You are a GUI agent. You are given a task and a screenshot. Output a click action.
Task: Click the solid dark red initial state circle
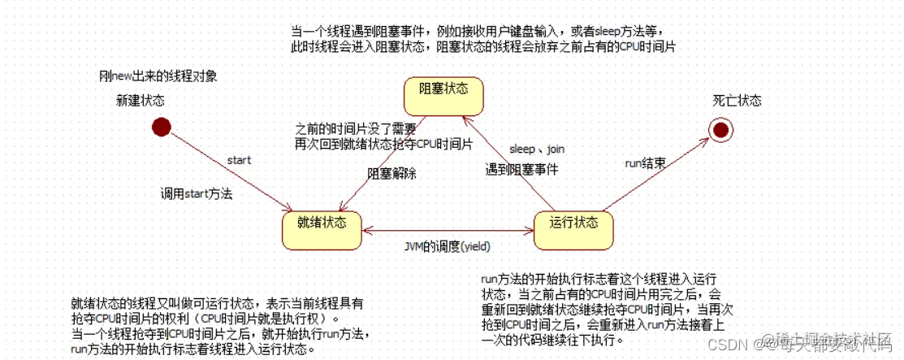161,127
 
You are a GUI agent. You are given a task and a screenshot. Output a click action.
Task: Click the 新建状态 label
140,101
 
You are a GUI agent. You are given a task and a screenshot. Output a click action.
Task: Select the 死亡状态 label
737,101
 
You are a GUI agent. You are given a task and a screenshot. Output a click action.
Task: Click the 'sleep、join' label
535,150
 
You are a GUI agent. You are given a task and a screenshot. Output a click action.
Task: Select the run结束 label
646,163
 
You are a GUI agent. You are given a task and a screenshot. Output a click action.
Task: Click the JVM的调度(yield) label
448,245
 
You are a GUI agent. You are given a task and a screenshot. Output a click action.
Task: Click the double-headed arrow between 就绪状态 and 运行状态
448,231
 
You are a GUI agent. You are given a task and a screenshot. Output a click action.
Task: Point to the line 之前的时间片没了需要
356,128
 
